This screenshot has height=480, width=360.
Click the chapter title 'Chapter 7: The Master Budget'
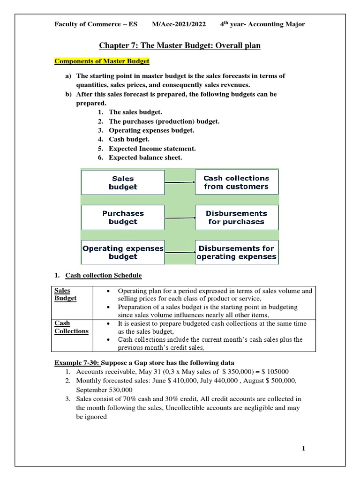[180, 45]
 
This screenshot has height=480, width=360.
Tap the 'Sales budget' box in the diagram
[123, 182]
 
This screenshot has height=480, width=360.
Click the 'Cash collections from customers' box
[236, 182]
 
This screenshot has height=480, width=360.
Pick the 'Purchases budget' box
[123, 217]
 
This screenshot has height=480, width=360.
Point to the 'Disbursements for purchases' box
[236, 217]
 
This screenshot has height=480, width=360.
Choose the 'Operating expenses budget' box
[123, 252]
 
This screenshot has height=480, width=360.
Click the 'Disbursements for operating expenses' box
[236, 252]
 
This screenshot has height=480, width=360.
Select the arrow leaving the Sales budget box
[180, 182]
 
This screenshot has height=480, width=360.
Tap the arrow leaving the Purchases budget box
[180, 217]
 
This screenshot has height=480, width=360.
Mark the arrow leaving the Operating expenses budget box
[180, 253]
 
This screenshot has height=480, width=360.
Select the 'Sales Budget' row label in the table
[66, 294]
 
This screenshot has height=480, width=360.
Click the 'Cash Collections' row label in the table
[71, 327]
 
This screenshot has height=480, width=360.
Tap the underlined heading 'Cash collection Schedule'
[103, 275]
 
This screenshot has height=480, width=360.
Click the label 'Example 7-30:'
[77, 363]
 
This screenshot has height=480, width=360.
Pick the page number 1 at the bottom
[303, 449]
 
